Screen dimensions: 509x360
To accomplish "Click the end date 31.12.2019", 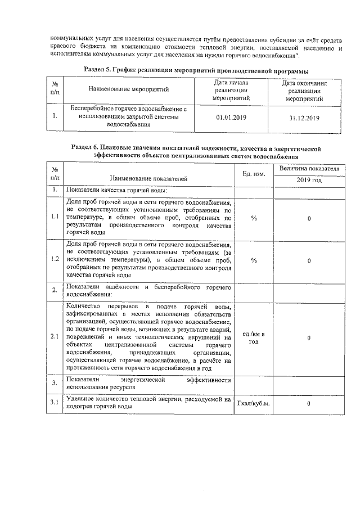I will pos(303,118).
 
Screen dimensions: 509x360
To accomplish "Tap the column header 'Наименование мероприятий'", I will pos(129,89).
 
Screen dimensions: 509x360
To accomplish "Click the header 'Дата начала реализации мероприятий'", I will pos(231,89).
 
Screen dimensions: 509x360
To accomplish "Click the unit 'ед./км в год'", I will pos(254,337).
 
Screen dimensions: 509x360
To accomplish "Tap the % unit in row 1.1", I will pos(254,218).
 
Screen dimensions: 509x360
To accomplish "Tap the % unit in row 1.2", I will pos(254,260).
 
